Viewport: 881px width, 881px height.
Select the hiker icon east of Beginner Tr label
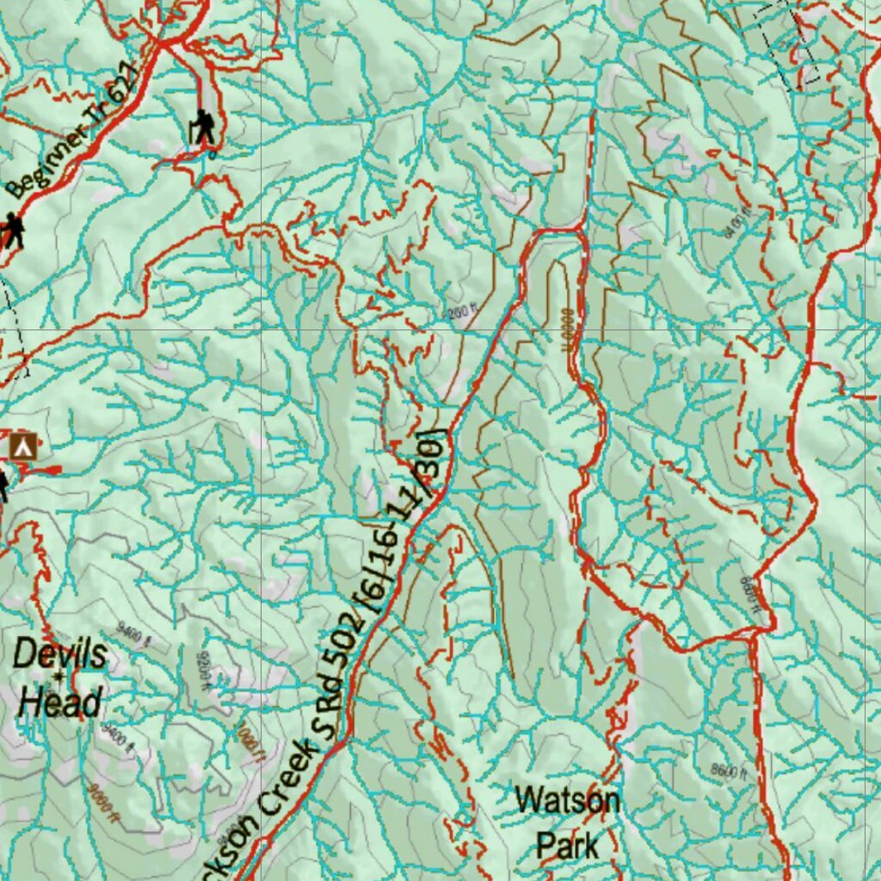point(203,127)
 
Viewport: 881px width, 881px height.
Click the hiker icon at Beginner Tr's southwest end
point(13,231)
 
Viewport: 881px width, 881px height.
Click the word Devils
point(60,655)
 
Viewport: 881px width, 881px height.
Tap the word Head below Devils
point(60,703)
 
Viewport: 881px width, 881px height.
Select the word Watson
point(567,801)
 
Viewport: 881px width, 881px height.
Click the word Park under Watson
point(567,844)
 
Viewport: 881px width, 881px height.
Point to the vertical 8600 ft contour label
point(749,592)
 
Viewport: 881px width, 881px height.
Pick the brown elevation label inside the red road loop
point(568,331)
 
